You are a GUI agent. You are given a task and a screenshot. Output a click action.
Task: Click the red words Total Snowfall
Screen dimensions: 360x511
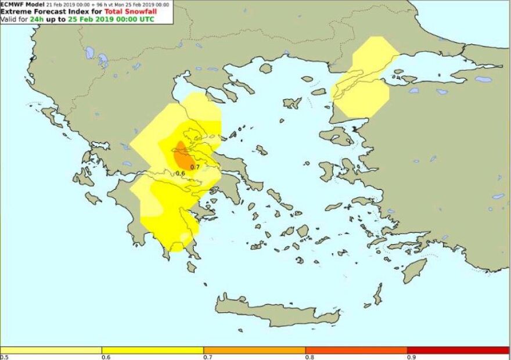pos(129,12)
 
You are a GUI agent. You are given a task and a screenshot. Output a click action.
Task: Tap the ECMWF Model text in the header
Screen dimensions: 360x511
pos(22,4)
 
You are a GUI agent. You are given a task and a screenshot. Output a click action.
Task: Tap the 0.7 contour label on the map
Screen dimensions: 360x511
pos(195,167)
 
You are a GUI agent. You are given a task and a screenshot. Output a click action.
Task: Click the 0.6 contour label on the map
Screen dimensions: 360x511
pos(180,173)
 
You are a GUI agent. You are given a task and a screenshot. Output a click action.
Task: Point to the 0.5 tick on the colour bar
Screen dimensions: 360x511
pos(4,357)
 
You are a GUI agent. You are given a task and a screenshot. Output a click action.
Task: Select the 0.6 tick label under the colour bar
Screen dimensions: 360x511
pos(105,357)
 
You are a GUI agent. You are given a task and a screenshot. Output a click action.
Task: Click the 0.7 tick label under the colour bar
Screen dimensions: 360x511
pos(207,357)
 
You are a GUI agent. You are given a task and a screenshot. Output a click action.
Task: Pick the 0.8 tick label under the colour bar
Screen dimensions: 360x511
pos(309,357)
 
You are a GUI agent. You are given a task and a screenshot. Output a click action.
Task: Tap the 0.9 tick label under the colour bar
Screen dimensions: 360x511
pos(411,357)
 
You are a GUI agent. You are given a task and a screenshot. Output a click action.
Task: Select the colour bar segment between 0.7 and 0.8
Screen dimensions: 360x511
pos(254,350)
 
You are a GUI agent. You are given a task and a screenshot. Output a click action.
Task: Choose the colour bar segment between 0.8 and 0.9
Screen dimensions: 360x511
pos(356,350)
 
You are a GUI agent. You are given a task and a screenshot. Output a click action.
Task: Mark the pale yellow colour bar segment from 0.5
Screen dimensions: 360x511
pos(51,350)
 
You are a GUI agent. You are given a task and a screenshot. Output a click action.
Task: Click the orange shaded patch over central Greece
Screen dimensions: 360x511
pos(183,156)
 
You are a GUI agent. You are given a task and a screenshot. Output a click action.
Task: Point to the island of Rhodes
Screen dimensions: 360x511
pos(415,270)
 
